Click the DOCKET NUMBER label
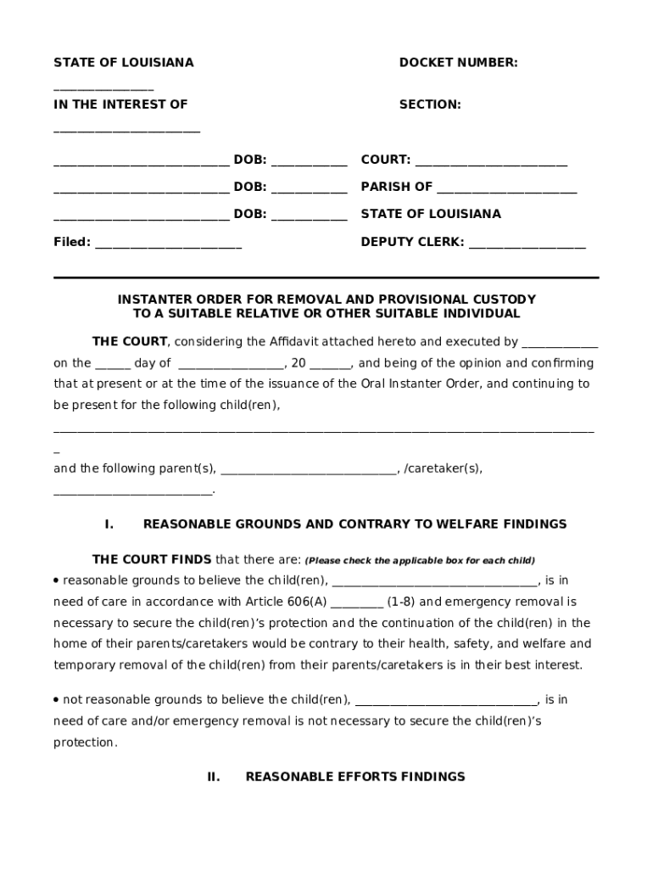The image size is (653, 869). tap(458, 63)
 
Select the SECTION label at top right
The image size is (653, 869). tap(430, 104)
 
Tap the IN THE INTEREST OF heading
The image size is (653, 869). tap(120, 104)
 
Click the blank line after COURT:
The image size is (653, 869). tap(491, 161)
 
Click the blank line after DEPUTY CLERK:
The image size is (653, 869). tap(527, 244)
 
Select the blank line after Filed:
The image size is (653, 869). tap(168, 244)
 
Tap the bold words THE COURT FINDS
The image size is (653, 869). tap(152, 559)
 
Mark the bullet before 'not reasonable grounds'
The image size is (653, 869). tap(56, 700)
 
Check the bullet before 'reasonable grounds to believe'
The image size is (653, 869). tap(56, 580)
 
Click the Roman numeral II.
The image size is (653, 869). tap(214, 776)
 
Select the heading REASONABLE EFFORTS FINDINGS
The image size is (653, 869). tap(355, 776)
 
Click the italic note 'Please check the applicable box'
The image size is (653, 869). tap(420, 560)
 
